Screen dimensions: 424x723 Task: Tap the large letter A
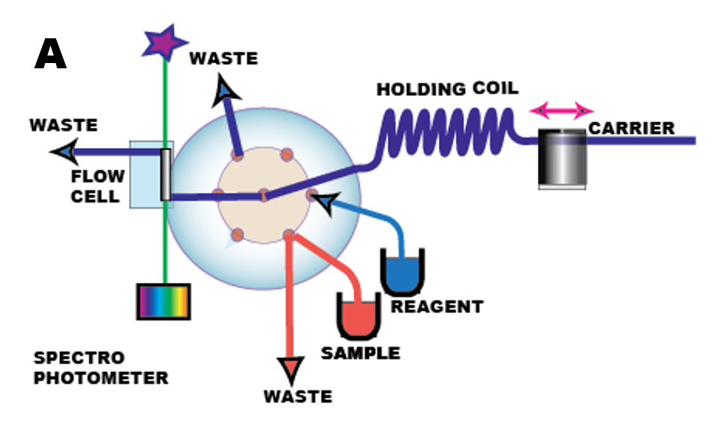click(x=50, y=56)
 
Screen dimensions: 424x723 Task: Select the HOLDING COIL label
click(x=447, y=89)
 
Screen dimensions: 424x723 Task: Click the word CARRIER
click(x=631, y=128)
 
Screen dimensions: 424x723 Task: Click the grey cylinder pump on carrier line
click(x=562, y=158)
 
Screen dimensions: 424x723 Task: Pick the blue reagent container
click(x=403, y=273)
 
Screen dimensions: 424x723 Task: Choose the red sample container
click(x=358, y=316)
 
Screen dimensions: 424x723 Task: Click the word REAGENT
click(x=437, y=307)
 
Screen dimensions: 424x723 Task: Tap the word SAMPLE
click(x=361, y=353)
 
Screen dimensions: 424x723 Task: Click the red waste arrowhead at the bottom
click(x=289, y=370)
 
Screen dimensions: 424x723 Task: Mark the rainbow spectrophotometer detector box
click(x=163, y=301)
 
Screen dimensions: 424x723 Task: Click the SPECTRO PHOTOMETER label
click(x=100, y=368)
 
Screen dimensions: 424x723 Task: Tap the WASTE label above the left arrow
click(x=64, y=125)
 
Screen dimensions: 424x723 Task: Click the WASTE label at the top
click(x=223, y=59)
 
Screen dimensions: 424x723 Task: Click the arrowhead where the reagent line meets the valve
click(x=324, y=201)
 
